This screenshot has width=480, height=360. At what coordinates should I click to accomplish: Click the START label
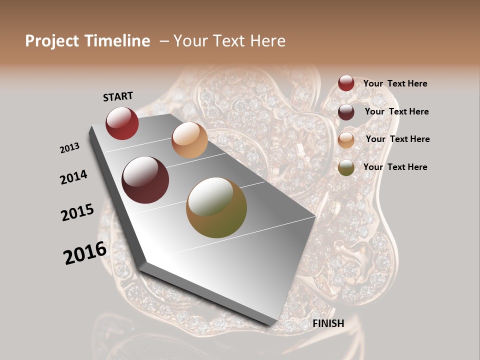coord(118,96)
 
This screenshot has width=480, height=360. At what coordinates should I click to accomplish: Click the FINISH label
coord(328,323)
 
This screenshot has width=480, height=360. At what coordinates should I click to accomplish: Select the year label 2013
coord(70,147)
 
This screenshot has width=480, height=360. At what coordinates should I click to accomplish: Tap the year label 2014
coord(73,177)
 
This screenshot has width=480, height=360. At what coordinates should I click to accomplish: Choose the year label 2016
coord(85,252)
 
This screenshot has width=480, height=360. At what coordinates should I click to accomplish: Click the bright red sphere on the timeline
coord(122,123)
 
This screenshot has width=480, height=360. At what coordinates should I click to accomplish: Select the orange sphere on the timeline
coord(189,140)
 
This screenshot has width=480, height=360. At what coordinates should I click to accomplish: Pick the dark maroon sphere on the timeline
coord(145,180)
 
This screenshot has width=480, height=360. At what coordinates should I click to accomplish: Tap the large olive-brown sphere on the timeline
coord(216,207)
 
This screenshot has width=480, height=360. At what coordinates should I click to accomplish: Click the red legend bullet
coord(346,83)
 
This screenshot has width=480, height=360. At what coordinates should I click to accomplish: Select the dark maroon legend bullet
coord(346,112)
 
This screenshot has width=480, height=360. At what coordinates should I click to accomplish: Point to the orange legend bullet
coord(346,140)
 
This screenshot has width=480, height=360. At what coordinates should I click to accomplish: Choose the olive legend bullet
coord(346,167)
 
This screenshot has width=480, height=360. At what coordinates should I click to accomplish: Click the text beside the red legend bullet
coord(395,83)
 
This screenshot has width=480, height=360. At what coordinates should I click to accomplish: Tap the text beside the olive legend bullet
coord(395,167)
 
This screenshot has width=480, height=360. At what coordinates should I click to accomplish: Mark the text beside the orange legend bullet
coord(397,139)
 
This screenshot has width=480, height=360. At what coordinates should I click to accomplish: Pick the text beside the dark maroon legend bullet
coord(396,111)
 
